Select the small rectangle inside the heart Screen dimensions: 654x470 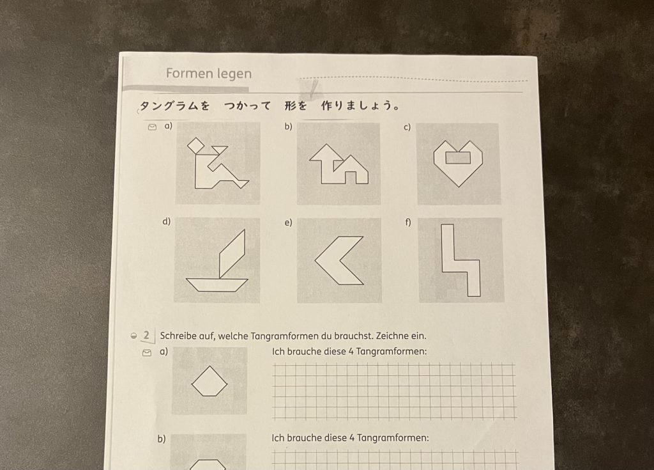458,157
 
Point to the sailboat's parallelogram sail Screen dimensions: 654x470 232,253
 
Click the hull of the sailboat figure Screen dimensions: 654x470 217,285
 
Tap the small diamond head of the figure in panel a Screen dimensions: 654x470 195,146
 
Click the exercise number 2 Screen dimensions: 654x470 146,335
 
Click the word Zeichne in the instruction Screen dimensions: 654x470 392,336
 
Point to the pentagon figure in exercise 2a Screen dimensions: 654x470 209,381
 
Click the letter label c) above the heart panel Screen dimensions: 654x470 407,127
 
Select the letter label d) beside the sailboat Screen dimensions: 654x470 167,221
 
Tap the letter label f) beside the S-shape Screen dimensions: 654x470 408,222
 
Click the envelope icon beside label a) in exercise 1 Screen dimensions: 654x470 152,127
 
